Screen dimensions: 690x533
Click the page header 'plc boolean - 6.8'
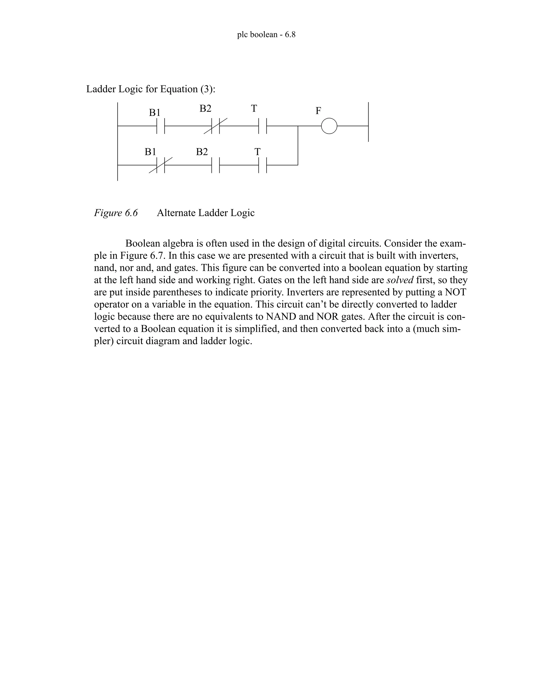click(266, 35)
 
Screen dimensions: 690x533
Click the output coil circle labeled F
click(329, 126)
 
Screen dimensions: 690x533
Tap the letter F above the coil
click(318, 111)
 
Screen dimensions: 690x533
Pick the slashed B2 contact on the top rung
click(215, 126)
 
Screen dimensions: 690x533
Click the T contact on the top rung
click(262, 126)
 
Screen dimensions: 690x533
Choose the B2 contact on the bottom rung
click(215, 165)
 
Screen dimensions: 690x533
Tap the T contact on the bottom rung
click(262, 165)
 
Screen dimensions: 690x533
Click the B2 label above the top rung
click(205, 109)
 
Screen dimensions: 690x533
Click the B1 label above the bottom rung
click(150, 152)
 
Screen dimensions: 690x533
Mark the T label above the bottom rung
click(257, 152)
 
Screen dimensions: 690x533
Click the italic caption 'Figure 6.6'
click(116, 213)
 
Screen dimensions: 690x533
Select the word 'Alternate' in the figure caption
click(176, 213)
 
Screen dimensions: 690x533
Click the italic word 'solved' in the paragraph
click(400, 280)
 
